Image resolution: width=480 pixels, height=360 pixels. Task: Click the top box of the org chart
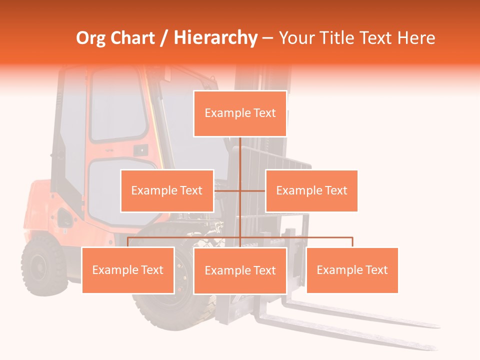(240, 113)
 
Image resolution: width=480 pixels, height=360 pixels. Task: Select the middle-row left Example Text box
(167, 190)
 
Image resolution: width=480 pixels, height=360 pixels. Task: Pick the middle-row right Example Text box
(311, 190)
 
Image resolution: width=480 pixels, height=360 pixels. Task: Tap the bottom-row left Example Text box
(128, 270)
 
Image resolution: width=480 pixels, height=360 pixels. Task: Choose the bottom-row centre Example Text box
(240, 270)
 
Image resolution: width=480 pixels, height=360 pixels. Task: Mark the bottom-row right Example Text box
(352, 270)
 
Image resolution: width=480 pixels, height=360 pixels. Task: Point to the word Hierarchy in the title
(215, 38)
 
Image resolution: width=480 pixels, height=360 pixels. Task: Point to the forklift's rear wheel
(43, 263)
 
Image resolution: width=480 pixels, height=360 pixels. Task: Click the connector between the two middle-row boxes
(240, 190)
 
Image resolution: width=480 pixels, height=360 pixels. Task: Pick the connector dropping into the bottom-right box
(352, 242)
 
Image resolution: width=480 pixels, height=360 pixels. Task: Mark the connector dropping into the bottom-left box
(128, 242)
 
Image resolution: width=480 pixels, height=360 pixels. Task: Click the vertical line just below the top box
(240, 150)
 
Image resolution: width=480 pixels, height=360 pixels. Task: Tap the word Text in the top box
(264, 113)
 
